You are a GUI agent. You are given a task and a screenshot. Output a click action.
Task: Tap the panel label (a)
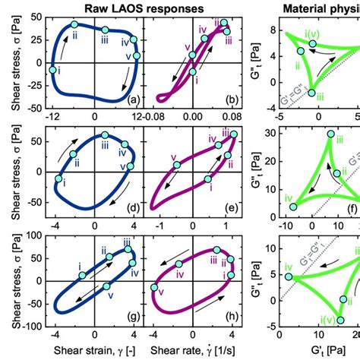click(131, 100)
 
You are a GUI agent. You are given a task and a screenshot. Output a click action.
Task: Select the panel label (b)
click(241, 100)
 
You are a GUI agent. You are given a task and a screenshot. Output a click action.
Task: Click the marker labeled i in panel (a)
click(53, 70)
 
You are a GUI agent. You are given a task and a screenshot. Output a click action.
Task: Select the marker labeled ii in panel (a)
click(74, 25)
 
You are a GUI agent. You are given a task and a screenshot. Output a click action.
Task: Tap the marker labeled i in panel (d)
click(58, 179)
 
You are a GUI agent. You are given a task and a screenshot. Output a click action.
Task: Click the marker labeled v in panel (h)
click(161, 306)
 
